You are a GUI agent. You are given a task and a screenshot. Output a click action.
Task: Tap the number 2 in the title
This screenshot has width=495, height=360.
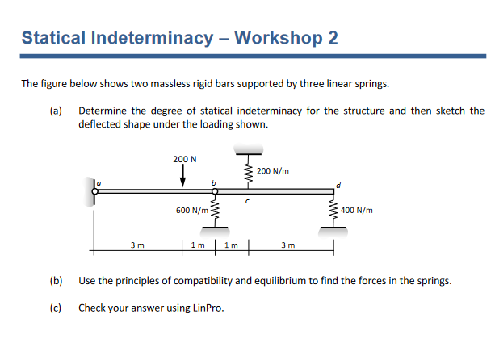pyautogui.click(x=333, y=38)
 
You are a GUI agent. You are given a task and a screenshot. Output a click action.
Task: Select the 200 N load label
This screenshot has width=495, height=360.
pyautogui.click(x=184, y=159)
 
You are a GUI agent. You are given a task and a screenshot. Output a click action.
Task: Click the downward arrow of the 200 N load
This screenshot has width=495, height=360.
pyautogui.click(x=184, y=176)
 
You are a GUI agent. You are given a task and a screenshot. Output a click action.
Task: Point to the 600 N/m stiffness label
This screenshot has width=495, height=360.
pyautogui.click(x=191, y=210)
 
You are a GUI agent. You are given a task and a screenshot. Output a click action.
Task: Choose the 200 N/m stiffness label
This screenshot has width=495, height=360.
pyautogui.click(x=272, y=171)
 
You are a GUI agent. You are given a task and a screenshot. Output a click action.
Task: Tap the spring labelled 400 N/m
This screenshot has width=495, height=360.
pyautogui.click(x=333, y=211)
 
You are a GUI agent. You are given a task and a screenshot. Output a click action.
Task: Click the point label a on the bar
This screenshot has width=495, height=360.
pyautogui.click(x=101, y=184)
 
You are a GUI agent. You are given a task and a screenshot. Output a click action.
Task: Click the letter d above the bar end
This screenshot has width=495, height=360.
pyautogui.click(x=340, y=184)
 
